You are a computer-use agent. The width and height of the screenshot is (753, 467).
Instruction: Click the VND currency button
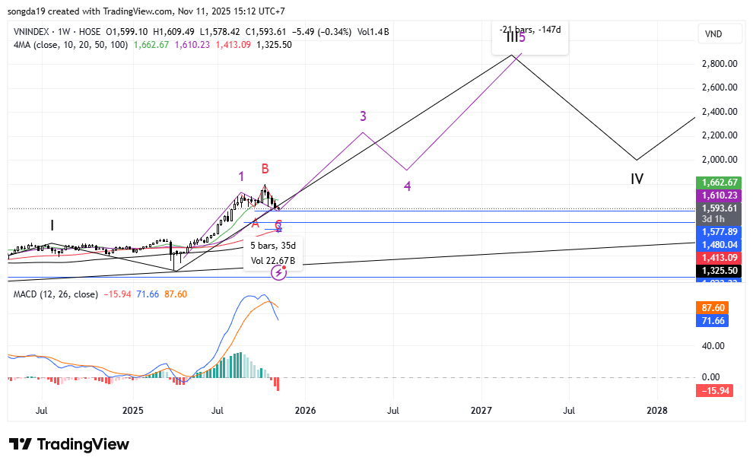714,34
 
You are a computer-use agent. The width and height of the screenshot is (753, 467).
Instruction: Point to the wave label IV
637,179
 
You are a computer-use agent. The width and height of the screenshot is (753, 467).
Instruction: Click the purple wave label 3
364,116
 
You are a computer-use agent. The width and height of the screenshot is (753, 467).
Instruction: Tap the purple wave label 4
408,186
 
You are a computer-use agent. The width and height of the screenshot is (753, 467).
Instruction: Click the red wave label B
265,169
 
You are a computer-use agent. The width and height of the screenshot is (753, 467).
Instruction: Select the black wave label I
52,225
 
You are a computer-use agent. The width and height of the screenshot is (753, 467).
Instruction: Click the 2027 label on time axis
481,411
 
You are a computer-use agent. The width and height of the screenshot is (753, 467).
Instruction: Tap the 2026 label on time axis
304,411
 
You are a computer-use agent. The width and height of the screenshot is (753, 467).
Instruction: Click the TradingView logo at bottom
69,444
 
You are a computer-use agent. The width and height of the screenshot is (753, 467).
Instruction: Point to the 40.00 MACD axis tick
713,346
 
